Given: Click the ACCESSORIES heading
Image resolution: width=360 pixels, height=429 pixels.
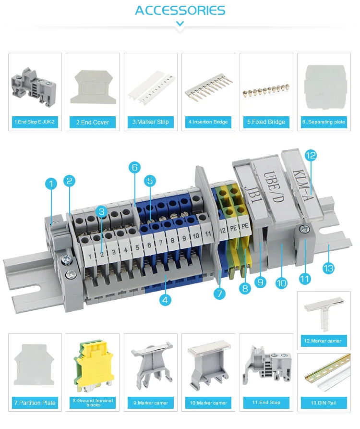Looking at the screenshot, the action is pyautogui.click(x=180, y=11).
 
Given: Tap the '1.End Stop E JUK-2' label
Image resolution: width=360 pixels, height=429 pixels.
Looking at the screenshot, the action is pyautogui.click(x=35, y=122).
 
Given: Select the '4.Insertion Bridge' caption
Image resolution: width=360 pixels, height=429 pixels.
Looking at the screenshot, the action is pyautogui.click(x=208, y=122).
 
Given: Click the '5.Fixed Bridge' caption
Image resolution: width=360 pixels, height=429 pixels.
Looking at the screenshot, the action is pyautogui.click(x=266, y=122).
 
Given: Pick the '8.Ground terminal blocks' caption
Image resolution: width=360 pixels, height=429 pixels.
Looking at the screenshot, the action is pyautogui.click(x=93, y=403).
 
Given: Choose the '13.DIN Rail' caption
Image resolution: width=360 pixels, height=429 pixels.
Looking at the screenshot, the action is pyautogui.click(x=324, y=403).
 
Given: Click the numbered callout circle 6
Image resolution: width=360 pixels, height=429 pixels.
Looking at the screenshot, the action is pyautogui.click(x=134, y=167).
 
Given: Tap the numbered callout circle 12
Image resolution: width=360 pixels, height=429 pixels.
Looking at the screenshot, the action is pyautogui.click(x=311, y=155).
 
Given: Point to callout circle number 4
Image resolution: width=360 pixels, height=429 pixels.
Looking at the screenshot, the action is pyautogui.click(x=165, y=300).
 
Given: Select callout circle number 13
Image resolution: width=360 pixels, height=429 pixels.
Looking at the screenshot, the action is pyautogui.click(x=328, y=268).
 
